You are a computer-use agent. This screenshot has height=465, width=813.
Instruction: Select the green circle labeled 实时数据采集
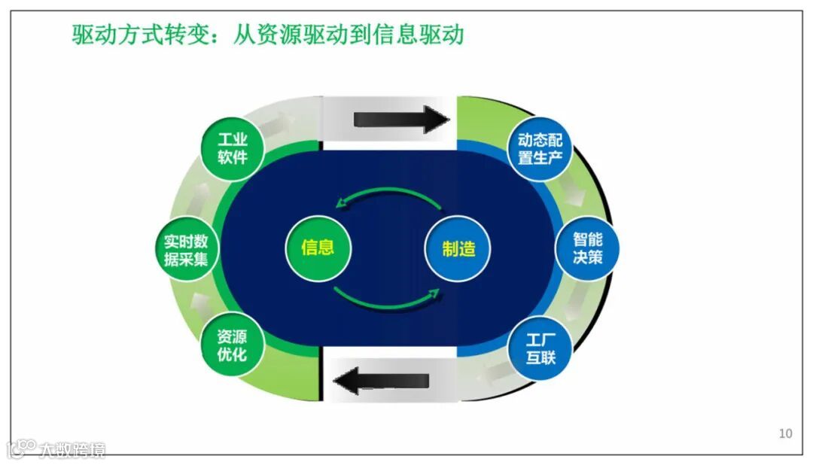[x=186, y=251]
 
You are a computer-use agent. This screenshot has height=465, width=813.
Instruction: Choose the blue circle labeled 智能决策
[x=587, y=248]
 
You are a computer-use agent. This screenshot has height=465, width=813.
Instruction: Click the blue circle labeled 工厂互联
[x=540, y=349]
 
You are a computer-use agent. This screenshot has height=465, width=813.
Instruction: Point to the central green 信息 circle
[x=317, y=248]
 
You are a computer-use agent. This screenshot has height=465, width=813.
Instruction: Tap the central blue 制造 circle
[x=458, y=249]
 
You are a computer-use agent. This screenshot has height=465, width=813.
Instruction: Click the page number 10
[x=785, y=433]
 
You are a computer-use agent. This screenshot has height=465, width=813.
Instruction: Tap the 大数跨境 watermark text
[x=74, y=450]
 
